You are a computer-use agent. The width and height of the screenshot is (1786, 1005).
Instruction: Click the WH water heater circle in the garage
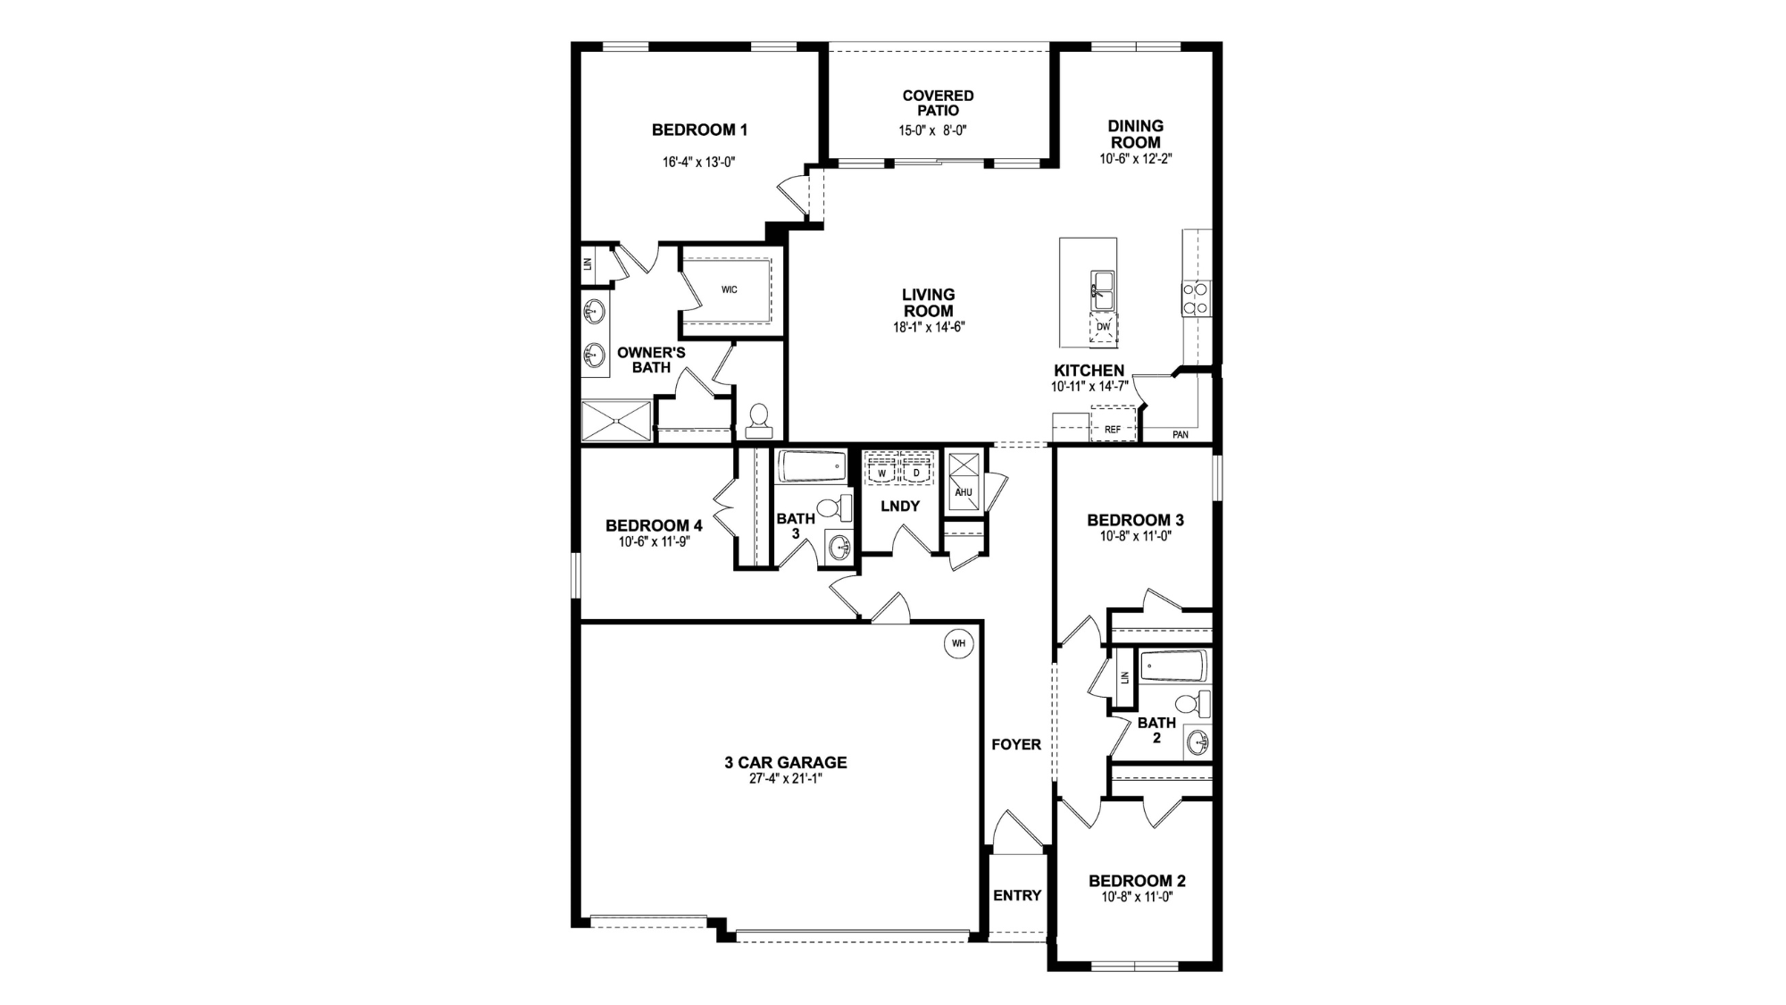pos(958,643)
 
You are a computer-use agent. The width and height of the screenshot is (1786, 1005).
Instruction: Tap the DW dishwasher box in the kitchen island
pos(1103,327)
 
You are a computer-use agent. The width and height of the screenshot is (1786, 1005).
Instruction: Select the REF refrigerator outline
pos(1113,423)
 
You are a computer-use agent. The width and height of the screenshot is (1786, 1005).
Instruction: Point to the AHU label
pos(964,492)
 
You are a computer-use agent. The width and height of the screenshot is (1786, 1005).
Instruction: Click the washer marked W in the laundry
pos(882,471)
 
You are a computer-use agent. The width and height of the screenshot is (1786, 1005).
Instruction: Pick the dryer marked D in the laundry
pos(916,471)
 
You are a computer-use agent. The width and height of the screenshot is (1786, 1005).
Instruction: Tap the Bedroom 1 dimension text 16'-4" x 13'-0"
pos(698,163)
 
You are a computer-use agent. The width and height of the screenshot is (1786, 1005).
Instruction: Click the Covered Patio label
pos(938,103)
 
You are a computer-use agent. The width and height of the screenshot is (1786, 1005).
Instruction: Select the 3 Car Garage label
pos(786,762)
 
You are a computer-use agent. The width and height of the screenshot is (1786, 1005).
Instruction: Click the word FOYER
pos(1016,744)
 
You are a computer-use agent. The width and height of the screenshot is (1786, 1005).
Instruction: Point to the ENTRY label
pos(1017,895)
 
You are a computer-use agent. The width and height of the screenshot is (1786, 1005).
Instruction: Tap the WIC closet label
pos(730,289)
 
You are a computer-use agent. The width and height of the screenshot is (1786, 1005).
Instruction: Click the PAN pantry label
pos(1181,435)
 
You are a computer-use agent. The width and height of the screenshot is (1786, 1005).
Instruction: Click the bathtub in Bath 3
pos(812,466)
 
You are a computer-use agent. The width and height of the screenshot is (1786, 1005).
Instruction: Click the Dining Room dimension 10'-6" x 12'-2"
pos(1136,159)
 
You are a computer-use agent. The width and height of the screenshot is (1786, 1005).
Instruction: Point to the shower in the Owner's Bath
pos(617,421)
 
